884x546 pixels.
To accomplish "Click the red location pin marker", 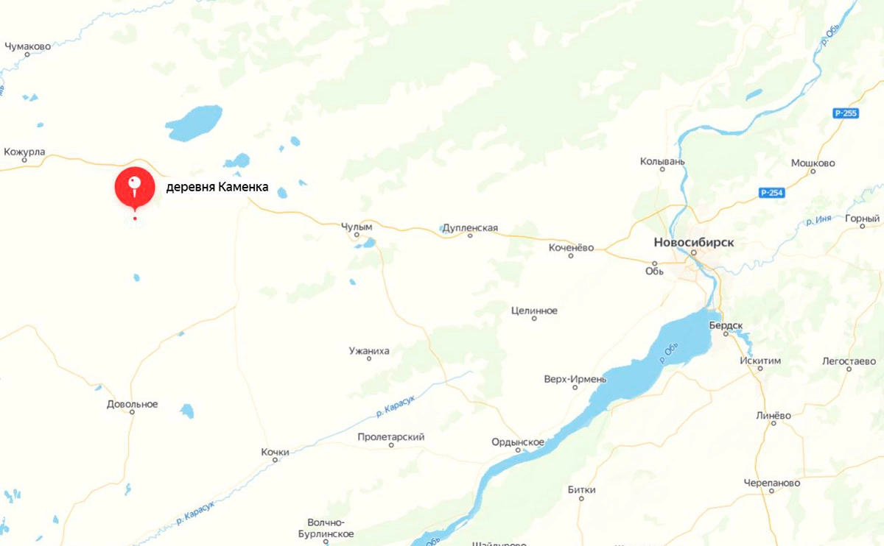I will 133,187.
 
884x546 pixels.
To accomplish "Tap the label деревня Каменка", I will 217,187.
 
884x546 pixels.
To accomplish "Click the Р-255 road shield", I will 846,113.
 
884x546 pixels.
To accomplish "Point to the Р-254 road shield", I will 771,193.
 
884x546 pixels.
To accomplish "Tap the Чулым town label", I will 357,227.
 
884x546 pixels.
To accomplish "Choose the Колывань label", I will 662,160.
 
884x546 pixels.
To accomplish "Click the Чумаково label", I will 27,46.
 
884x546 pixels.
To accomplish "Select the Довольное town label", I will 132,404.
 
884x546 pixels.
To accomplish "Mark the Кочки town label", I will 275,451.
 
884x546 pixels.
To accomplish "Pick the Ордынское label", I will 518,442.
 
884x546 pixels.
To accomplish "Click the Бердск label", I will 726,325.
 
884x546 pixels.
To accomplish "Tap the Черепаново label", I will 771,483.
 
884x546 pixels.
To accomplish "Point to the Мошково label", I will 813,163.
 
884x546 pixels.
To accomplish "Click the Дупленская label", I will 470,228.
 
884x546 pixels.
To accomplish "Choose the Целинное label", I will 534,311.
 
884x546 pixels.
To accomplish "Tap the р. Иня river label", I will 819,220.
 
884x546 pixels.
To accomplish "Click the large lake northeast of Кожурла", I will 194,122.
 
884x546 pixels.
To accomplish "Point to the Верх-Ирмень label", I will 575,379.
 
